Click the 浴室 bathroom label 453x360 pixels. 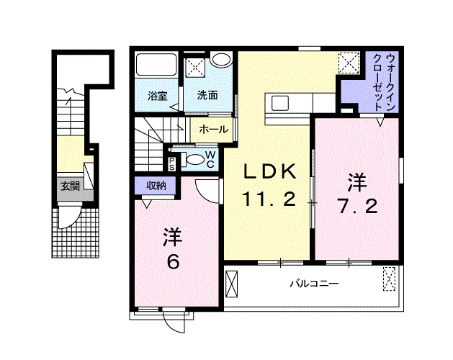(157, 95)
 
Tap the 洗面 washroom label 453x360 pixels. (208, 95)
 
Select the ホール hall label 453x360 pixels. (213, 130)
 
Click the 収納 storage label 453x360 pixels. (156, 185)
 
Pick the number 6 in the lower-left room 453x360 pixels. (172, 261)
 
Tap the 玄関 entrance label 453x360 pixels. (70, 186)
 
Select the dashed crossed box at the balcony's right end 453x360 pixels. (390, 278)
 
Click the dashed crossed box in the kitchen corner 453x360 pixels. (351, 63)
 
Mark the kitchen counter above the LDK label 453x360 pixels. (288, 103)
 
